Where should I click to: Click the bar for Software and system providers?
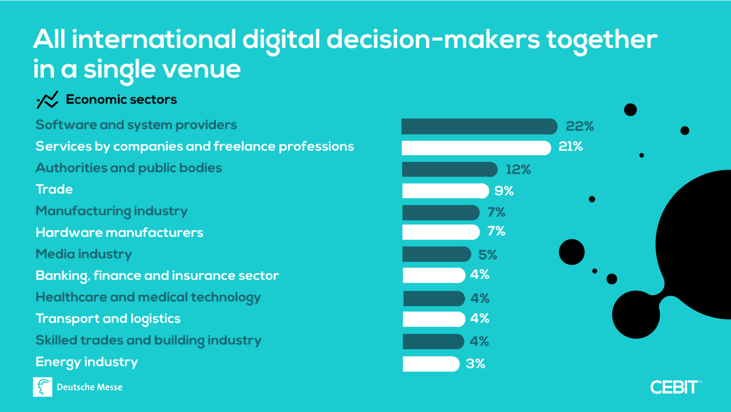[479, 126]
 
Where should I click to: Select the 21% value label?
[571, 146]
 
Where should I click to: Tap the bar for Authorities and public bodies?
[449, 169]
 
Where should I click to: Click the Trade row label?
[54, 189]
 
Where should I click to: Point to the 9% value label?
[504, 191]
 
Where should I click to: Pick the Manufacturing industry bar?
[441, 213]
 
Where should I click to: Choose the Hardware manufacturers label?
[119, 233]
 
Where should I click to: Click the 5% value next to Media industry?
[487, 255]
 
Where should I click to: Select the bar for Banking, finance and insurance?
[433, 275]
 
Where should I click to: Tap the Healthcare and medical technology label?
[148, 297]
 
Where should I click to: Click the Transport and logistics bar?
[433, 319]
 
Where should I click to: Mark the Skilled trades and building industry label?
[149, 340]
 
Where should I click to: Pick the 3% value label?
[475, 364]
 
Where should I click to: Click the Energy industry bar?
[431, 364]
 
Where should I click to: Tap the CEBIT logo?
[675, 387]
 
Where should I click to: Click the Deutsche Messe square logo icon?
[42, 387]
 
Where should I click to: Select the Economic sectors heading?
[121, 99]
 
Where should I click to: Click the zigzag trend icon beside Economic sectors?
[47, 100]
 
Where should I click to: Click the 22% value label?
[579, 126]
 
